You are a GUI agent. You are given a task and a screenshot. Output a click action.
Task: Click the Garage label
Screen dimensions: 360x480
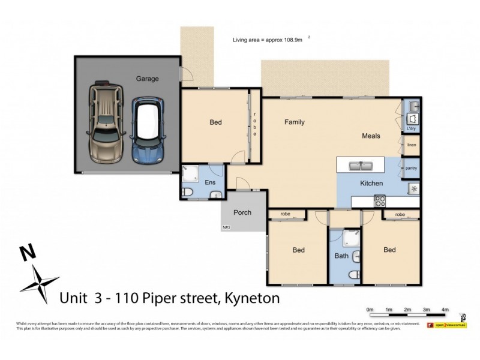coord(147,79)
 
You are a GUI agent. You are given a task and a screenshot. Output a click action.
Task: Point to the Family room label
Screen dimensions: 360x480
coord(294,122)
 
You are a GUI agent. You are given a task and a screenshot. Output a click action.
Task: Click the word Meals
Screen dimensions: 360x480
coord(371,136)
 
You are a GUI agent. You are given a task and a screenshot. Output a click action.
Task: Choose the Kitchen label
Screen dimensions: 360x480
coord(371,182)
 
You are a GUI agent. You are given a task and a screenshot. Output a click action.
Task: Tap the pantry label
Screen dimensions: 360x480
coord(412,169)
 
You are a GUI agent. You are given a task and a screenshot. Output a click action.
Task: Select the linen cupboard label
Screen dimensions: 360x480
coord(412,145)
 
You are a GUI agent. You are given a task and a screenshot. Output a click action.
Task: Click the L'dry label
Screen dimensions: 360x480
coord(412,128)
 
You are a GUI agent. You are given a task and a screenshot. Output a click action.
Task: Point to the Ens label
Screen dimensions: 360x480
coord(210,182)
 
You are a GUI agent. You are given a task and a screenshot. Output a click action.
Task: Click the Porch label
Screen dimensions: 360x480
coord(242,212)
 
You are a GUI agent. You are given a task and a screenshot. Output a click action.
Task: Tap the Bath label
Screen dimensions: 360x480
coord(341,256)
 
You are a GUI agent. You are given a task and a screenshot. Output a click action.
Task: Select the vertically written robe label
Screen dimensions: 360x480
coord(254,124)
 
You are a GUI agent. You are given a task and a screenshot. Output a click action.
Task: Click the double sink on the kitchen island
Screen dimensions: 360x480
coord(358,164)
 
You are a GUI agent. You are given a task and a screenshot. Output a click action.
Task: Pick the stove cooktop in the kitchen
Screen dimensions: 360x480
coord(379,201)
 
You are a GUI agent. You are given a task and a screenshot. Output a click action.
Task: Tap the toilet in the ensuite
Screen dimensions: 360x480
coord(187,192)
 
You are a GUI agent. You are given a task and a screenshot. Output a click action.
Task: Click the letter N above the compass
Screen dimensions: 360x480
coord(26,253)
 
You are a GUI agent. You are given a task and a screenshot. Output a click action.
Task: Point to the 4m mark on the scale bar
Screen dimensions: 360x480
coord(445,310)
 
